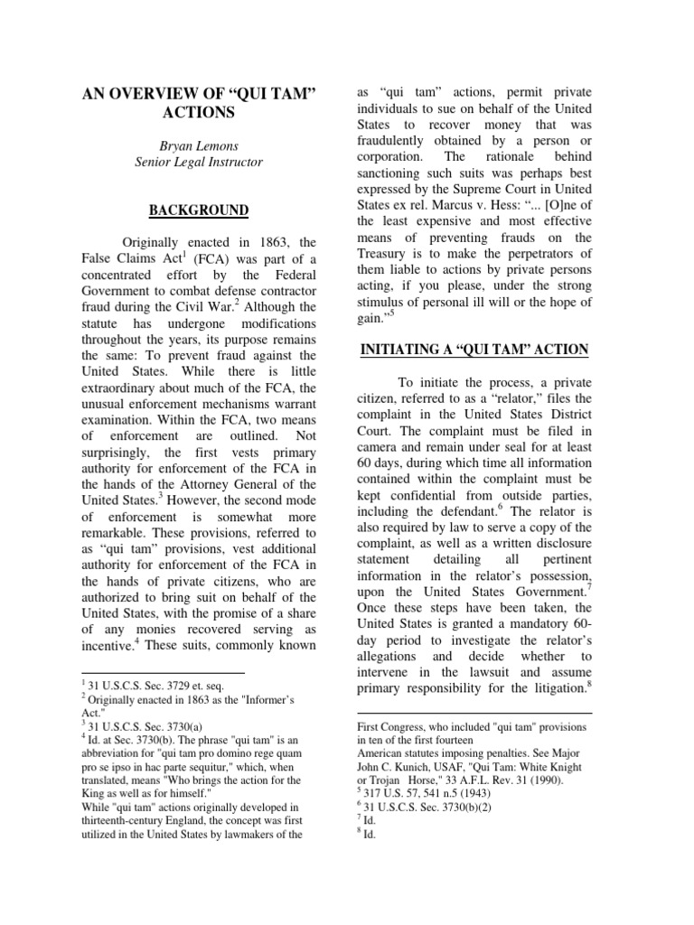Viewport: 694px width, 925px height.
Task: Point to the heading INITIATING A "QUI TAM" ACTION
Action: pos(474,350)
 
